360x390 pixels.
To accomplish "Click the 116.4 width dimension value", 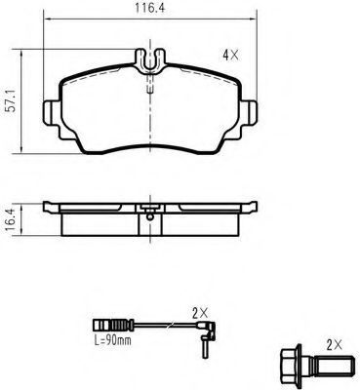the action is click(150, 9).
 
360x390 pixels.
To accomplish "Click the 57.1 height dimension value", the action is click(12, 101).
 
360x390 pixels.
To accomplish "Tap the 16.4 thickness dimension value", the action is click(11, 220).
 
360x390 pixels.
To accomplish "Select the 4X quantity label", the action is click(230, 56).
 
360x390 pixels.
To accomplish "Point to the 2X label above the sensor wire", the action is click(200, 313).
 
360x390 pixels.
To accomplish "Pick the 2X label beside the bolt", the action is click(335, 345).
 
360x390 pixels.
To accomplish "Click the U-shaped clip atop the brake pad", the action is click(150, 61).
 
